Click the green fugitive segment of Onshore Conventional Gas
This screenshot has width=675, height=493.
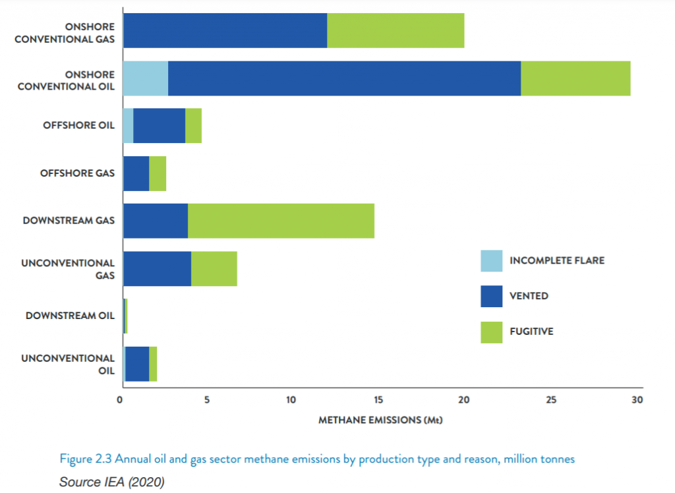[396, 30]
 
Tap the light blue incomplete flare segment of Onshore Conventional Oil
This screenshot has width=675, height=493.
[146, 78]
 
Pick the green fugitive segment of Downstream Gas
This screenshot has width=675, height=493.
[281, 221]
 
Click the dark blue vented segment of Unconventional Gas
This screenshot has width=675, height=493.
[157, 268]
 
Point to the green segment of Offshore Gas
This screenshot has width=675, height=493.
[158, 173]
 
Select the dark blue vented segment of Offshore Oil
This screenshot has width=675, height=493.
[159, 126]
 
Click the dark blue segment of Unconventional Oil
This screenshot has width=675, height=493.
[137, 363]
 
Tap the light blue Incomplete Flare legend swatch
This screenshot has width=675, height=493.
[491, 261]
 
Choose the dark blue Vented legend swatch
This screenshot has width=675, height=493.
[491, 296]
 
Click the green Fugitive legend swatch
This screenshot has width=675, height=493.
[491, 332]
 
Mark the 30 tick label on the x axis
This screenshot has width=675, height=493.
[636, 399]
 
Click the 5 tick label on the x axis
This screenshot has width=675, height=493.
[206, 399]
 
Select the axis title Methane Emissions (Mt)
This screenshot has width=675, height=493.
[380, 420]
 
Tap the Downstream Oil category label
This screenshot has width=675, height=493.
[70, 316]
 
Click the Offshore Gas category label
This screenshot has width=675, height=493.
[77, 173]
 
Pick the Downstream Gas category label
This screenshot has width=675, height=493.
[69, 221]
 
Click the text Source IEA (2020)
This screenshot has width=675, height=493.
[111, 482]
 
